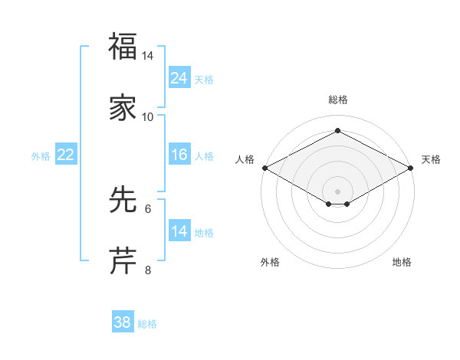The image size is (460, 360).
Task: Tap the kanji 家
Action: pyautogui.click(x=123, y=107)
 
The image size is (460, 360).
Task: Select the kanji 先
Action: pyautogui.click(x=123, y=200)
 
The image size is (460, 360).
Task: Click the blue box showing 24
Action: pyautogui.click(x=179, y=78)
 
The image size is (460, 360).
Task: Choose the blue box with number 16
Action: pyautogui.click(x=179, y=155)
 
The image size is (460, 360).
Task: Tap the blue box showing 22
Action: pyautogui.click(x=66, y=155)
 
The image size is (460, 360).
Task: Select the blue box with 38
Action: pyautogui.click(x=123, y=322)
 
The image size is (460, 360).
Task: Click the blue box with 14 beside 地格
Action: pyautogui.click(x=179, y=231)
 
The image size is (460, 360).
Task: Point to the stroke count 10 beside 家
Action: pyautogui.click(x=148, y=116)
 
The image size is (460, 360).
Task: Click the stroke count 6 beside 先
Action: pyautogui.click(x=148, y=208)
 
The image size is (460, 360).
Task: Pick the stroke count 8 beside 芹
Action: pyautogui.click(x=148, y=270)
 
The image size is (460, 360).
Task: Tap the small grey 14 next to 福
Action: pyautogui.click(x=148, y=56)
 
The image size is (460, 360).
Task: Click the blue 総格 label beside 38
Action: pyautogui.click(x=147, y=324)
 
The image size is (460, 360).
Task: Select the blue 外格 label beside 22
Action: pyautogui.click(x=41, y=156)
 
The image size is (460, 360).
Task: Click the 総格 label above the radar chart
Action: pyautogui.click(x=338, y=100)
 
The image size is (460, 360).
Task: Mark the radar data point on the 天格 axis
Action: pyautogui.click(x=412, y=168)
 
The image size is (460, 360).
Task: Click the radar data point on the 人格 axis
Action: pyautogui.click(x=264, y=168)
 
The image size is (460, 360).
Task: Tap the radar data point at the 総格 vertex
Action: pyautogui.click(x=338, y=131)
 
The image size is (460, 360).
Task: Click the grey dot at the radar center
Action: pyautogui.click(x=338, y=191)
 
